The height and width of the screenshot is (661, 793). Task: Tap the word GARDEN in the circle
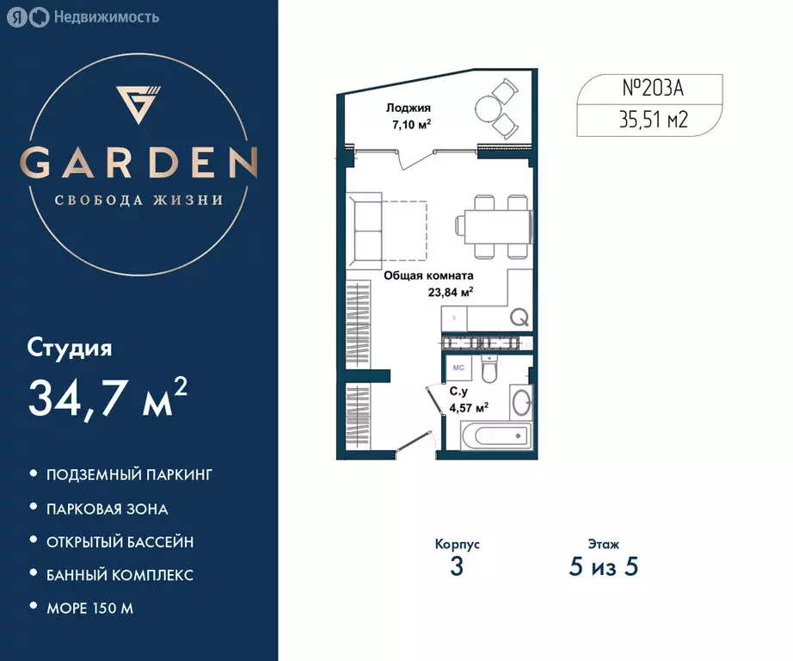(x=139, y=163)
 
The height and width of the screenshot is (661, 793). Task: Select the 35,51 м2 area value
(x=654, y=119)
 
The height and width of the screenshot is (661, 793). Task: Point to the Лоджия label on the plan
(x=408, y=108)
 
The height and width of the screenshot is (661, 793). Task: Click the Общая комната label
(x=428, y=277)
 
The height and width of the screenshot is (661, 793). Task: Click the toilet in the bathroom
(x=489, y=371)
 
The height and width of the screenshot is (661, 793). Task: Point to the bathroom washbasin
(x=521, y=402)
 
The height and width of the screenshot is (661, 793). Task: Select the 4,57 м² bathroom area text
(x=470, y=407)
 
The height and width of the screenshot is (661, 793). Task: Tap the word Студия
(x=70, y=348)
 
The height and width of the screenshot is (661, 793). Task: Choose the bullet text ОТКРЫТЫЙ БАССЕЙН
(x=120, y=541)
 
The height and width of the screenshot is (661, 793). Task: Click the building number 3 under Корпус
(x=457, y=568)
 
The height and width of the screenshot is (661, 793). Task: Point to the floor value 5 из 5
(x=603, y=568)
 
